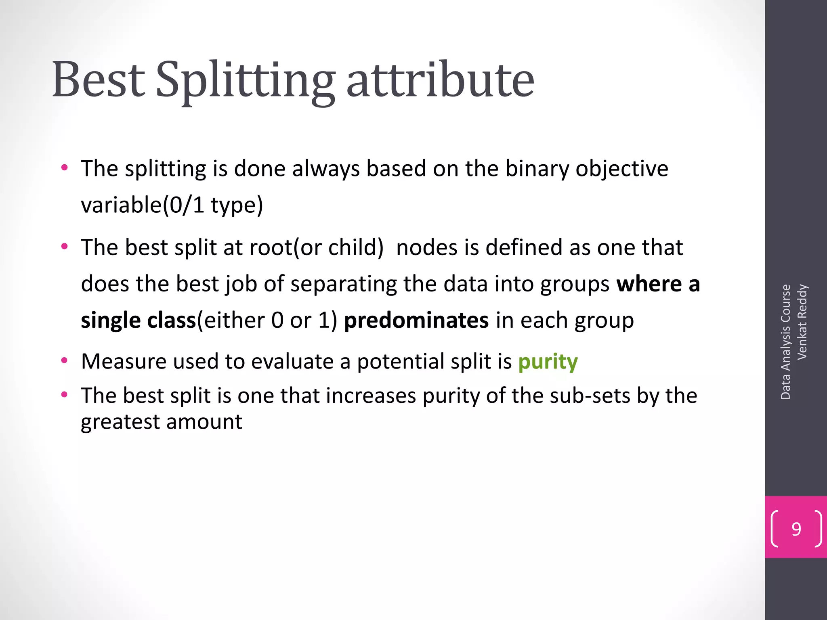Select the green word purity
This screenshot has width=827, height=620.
(x=548, y=362)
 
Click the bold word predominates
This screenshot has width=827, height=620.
(x=416, y=320)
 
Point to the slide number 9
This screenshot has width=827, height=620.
(x=796, y=529)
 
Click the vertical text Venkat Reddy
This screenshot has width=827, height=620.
(x=802, y=322)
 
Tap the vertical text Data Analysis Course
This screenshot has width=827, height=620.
(x=785, y=342)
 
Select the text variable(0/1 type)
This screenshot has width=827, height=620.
(x=172, y=205)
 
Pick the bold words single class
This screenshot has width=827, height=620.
(x=138, y=320)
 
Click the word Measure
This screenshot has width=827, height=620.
(x=124, y=361)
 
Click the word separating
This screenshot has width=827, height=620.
(x=344, y=284)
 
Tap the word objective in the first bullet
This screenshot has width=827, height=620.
(x=622, y=169)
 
